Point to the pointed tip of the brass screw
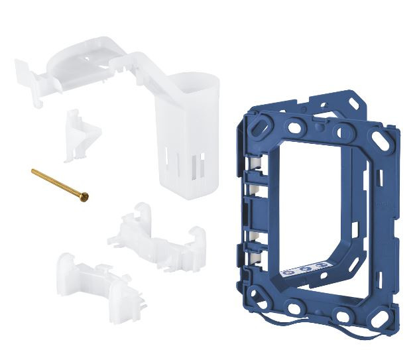point(32,170)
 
